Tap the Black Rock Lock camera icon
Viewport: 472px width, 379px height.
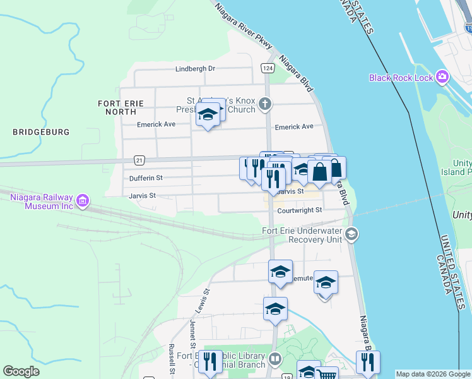442,77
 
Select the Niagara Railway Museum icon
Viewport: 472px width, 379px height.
82,202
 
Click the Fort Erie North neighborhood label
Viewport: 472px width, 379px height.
121,107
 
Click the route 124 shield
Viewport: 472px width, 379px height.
268,68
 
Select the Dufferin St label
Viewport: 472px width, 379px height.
146,178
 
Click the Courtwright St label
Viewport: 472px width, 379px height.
300,210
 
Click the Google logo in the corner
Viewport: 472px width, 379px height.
21,371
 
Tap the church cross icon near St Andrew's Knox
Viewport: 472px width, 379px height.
266,104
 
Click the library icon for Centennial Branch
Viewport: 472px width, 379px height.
274,359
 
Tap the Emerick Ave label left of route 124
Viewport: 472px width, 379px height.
156,124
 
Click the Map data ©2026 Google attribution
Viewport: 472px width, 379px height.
432,374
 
